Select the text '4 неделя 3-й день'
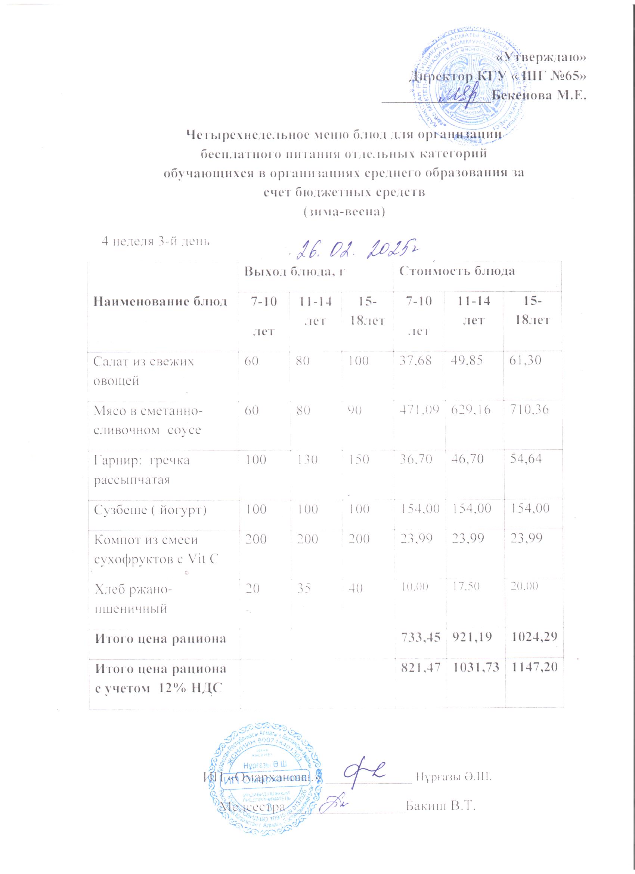(x=155, y=241)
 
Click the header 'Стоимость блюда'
(x=457, y=271)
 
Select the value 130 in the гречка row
(x=307, y=460)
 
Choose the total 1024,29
(x=533, y=639)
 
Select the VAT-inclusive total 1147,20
(x=533, y=670)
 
